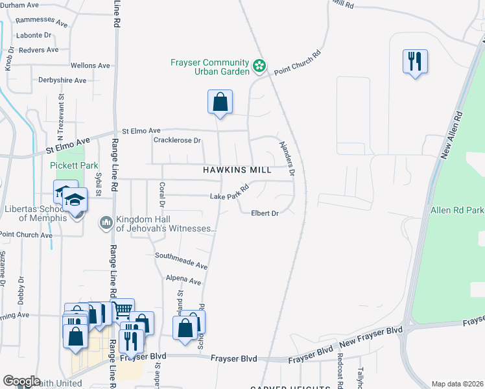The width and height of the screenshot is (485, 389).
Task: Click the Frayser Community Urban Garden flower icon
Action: [x=259, y=65]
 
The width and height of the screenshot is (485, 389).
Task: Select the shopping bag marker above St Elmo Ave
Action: [x=220, y=102]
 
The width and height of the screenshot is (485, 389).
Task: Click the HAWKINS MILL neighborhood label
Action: [x=237, y=169]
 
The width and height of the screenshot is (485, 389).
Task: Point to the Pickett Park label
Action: [x=74, y=165]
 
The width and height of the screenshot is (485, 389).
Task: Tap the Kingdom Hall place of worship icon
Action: [x=106, y=223]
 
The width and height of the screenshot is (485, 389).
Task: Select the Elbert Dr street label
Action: [x=265, y=213]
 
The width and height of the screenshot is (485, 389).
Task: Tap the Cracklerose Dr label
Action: [x=178, y=140]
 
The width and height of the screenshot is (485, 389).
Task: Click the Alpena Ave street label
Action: [x=183, y=281]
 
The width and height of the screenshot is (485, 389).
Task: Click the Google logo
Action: [x=21, y=381]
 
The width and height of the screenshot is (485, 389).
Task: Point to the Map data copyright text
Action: [x=458, y=384]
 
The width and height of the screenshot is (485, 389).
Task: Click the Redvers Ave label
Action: [x=39, y=50]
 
